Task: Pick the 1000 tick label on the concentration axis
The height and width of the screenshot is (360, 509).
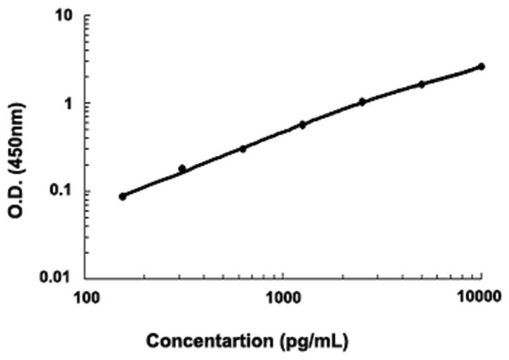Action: pos(283,298)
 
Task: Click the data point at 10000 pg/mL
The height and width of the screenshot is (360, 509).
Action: pos(481,67)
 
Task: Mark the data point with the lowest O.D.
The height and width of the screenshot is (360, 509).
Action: pos(122,196)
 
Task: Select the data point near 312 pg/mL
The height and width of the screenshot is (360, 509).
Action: pos(182,168)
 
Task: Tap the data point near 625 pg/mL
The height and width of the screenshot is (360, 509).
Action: pos(242,148)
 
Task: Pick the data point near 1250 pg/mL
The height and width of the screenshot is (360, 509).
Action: pos(302,124)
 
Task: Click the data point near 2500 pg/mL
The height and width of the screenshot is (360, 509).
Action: pos(362,101)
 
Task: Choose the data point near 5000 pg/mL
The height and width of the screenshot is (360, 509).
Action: pos(421,84)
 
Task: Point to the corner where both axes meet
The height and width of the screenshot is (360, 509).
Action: pos(86,278)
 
